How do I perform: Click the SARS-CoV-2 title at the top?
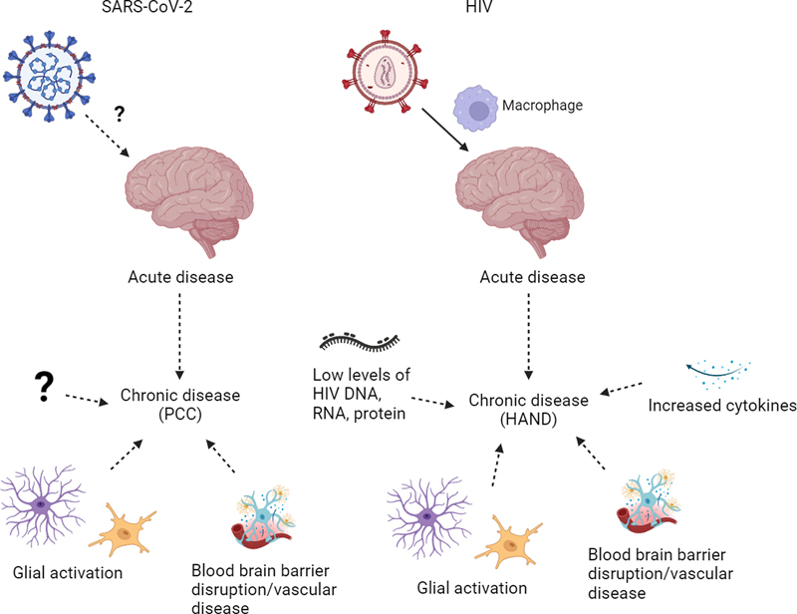coord(159,11)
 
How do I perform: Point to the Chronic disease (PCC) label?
coord(180,403)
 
